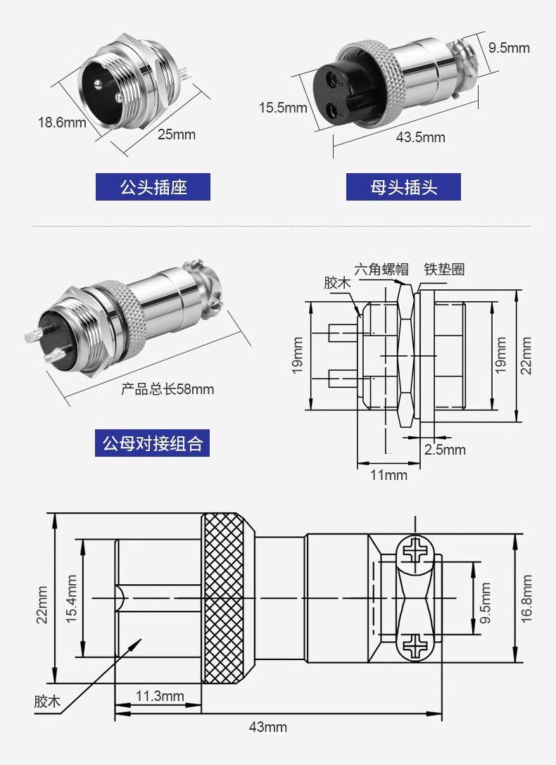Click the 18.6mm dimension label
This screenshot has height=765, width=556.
coord(62,122)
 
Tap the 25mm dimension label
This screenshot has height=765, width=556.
coord(176,134)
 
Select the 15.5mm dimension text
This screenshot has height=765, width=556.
coord(283,108)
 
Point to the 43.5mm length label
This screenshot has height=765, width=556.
coord(420,137)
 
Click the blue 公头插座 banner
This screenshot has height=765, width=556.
coord(153,187)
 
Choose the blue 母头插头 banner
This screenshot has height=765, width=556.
coord(403,187)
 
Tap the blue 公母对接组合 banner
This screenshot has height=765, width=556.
coord(152,443)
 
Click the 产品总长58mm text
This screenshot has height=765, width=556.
coord(168,389)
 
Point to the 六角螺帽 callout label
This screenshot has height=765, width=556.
coord(381,269)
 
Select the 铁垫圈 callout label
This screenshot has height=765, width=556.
coord(444,269)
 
